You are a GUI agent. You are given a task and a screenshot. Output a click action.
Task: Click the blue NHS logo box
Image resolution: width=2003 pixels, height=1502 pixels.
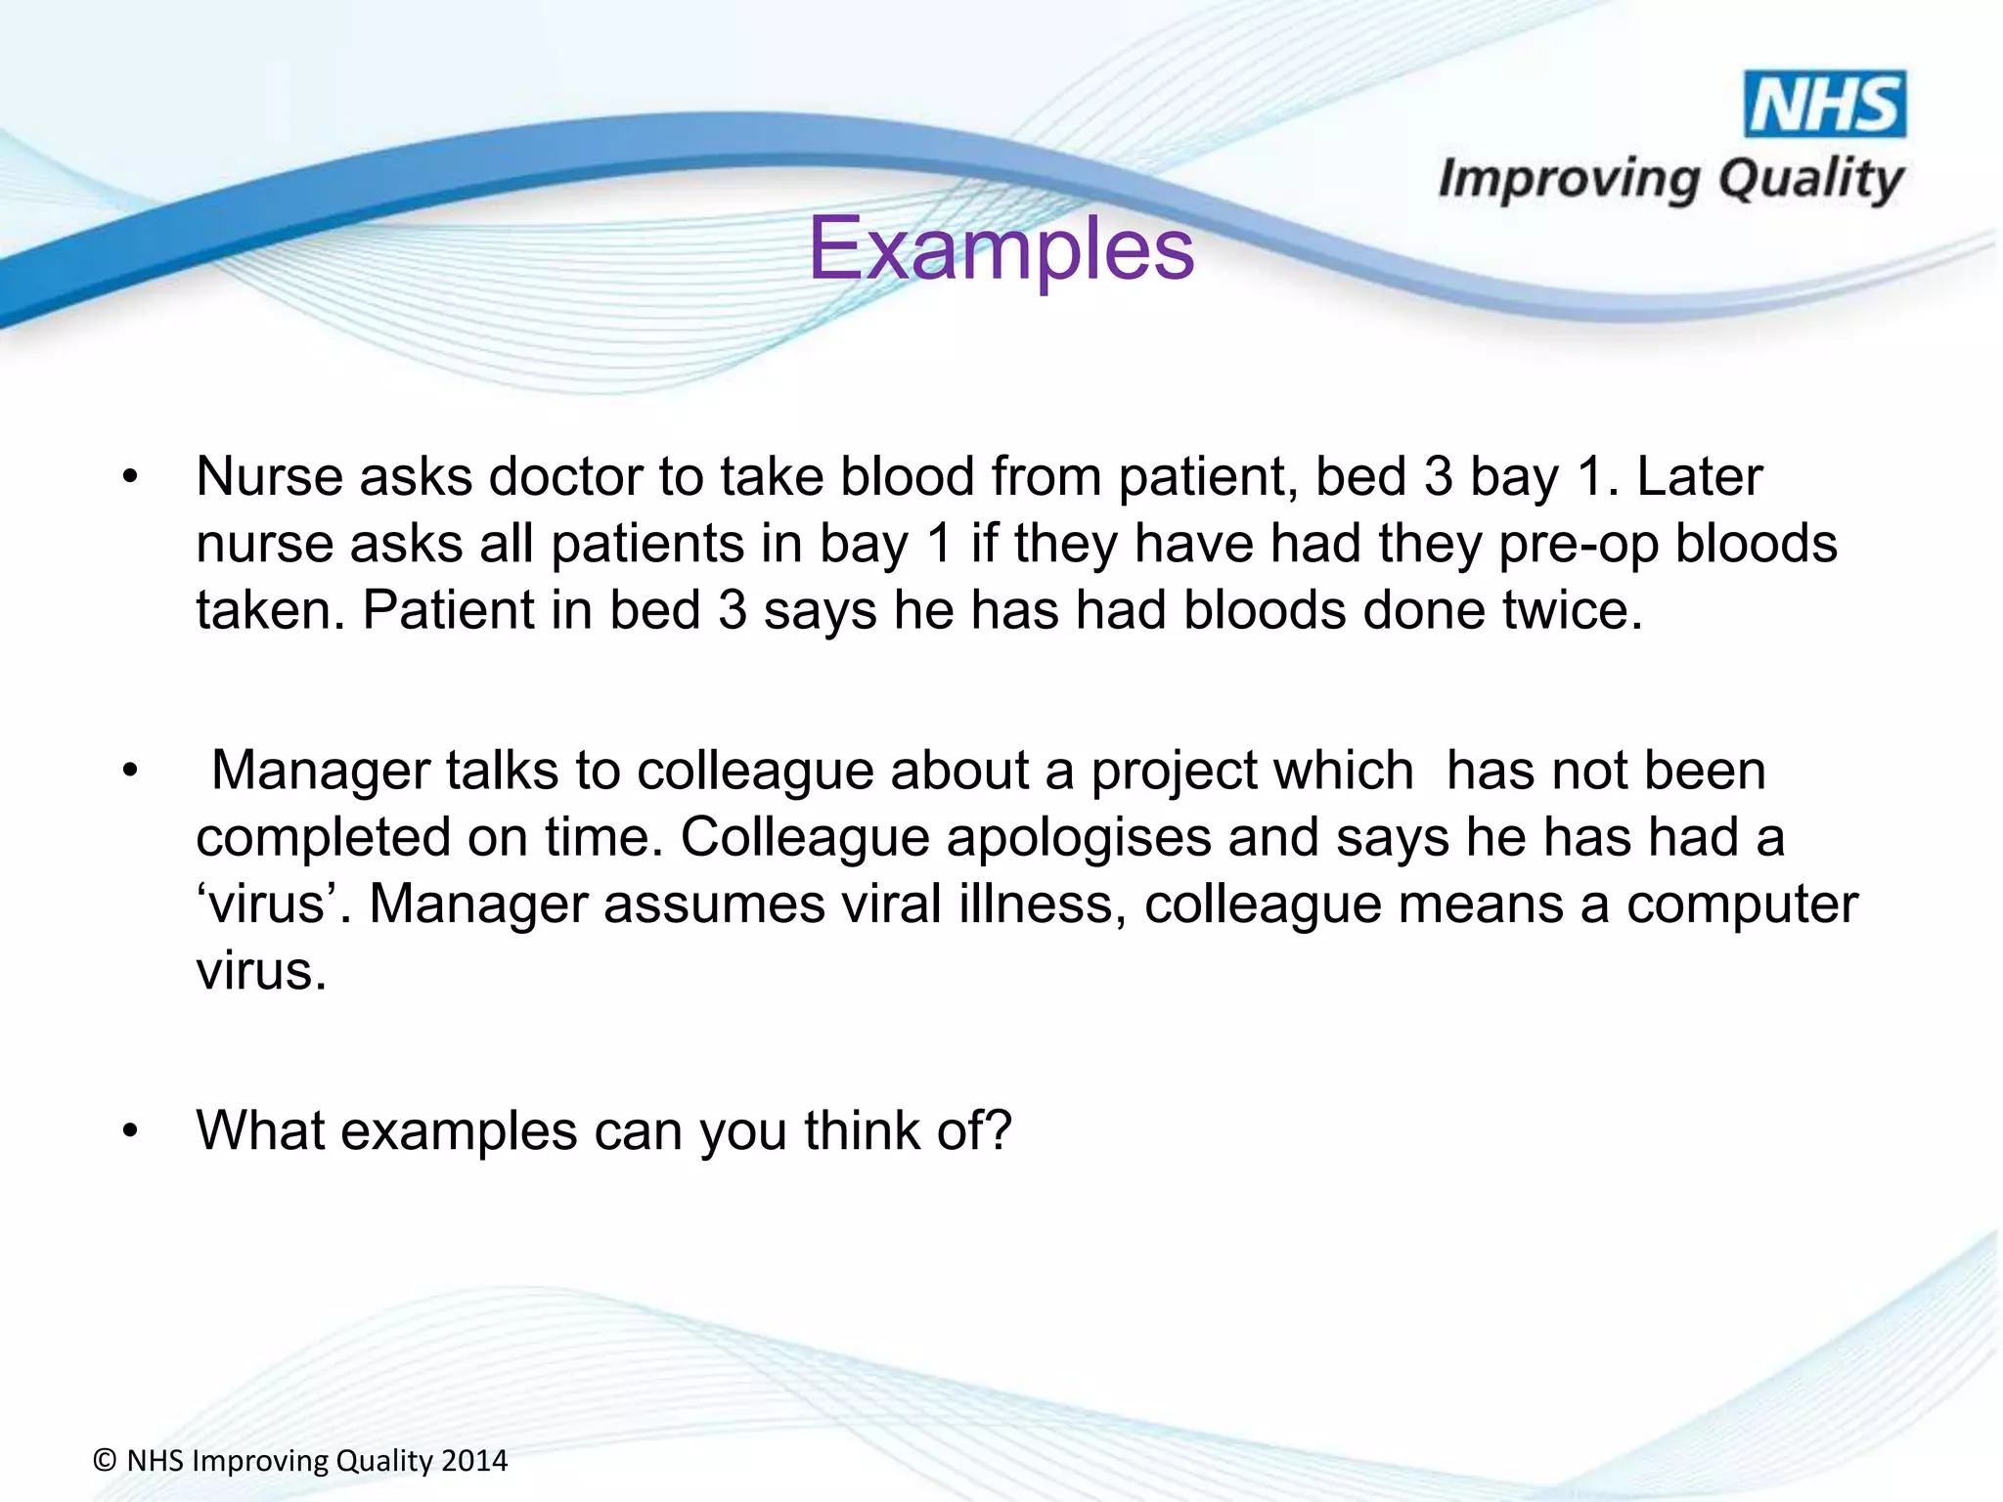tap(1825, 104)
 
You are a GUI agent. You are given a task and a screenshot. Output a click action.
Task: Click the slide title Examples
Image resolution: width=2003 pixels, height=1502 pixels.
tap(1001, 248)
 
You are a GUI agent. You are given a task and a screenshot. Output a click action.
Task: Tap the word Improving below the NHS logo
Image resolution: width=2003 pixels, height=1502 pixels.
tap(1570, 180)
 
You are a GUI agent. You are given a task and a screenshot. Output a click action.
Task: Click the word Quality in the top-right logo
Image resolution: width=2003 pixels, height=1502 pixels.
tap(1810, 180)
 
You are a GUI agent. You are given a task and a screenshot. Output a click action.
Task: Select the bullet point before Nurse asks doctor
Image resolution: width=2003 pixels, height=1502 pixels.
tap(130, 478)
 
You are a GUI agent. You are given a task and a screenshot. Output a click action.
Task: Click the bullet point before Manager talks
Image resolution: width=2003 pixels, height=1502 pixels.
tap(130, 772)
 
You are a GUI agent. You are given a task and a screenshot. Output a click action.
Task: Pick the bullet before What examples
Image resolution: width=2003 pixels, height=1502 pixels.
tap(130, 1131)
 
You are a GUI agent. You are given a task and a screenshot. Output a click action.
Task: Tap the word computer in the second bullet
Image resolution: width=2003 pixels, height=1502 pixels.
tap(1742, 905)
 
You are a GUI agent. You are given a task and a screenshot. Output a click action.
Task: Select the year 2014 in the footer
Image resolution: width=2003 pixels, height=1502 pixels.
tap(474, 1461)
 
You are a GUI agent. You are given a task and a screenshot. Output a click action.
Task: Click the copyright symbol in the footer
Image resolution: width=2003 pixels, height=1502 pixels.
tap(106, 1461)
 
